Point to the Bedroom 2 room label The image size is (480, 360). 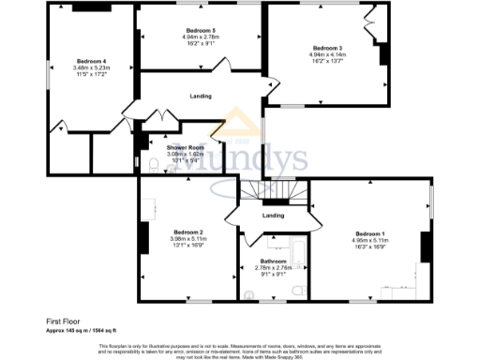pyautogui.click(x=188, y=232)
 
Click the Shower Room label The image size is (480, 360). pyautogui.click(x=186, y=148)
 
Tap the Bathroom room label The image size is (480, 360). pyautogui.click(x=273, y=261)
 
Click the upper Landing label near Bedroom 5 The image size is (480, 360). pyautogui.click(x=200, y=97)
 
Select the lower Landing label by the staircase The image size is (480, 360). pyautogui.click(x=273, y=216)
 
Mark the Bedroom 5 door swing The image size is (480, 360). pyautogui.click(x=222, y=64)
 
